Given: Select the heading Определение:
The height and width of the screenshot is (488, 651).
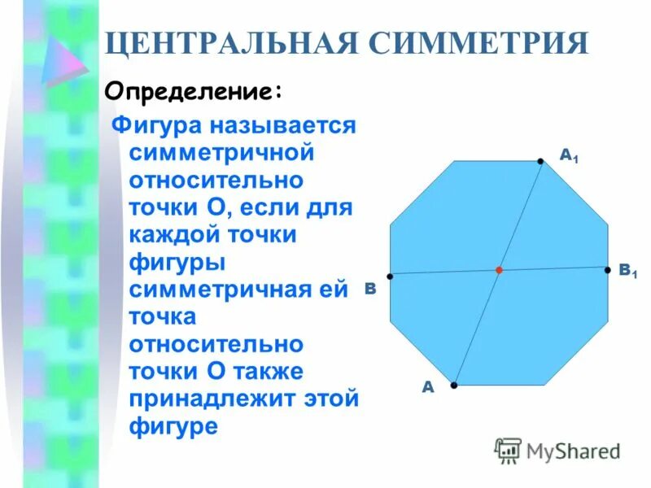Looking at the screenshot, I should click(x=194, y=90).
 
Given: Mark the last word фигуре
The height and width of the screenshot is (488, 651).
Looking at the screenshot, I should click(x=173, y=426).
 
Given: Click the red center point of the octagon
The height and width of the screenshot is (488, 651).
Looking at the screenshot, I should click(x=499, y=270).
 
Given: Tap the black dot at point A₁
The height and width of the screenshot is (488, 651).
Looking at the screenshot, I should click(x=540, y=162).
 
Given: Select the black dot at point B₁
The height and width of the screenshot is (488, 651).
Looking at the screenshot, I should click(x=608, y=269).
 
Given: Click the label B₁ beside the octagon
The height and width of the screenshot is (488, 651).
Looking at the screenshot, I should click(x=627, y=271).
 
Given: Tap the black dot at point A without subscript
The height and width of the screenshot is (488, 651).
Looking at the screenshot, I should click(x=454, y=384).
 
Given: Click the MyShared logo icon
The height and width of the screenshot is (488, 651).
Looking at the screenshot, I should click(x=509, y=451).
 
